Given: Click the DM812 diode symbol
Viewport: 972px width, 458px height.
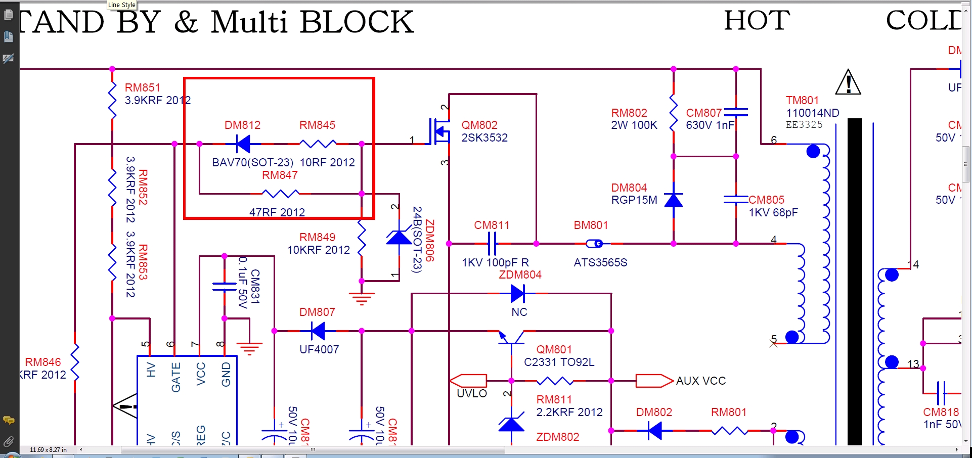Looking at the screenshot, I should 243,144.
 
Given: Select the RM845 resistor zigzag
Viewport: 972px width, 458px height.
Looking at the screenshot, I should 318,144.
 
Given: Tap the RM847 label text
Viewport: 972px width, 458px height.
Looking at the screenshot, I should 280,175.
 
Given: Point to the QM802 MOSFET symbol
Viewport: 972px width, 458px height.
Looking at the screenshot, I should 439,131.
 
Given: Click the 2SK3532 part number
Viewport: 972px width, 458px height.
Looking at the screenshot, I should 484,138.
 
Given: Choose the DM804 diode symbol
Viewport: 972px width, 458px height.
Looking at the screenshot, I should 673,200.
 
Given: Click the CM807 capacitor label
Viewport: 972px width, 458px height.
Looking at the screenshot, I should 703,113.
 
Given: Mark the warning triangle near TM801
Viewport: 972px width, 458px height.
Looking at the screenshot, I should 848,82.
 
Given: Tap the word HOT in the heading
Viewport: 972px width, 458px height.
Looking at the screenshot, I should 757,21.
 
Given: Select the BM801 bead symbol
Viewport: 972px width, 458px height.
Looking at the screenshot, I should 595,244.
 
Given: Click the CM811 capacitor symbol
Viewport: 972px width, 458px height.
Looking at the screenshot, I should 492,244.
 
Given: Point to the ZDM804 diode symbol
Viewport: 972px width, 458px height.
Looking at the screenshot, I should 517,293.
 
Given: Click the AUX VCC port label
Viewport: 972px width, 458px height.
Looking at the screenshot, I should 700,381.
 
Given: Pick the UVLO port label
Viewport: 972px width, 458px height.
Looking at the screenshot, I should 471,393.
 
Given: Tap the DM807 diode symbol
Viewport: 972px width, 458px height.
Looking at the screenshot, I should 318,331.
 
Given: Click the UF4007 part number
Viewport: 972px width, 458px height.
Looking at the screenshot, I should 319,349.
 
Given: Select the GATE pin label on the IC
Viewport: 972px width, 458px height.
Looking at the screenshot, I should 176,377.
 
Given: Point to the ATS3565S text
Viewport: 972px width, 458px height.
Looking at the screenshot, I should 600,263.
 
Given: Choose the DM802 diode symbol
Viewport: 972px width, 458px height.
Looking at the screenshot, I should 655,431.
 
